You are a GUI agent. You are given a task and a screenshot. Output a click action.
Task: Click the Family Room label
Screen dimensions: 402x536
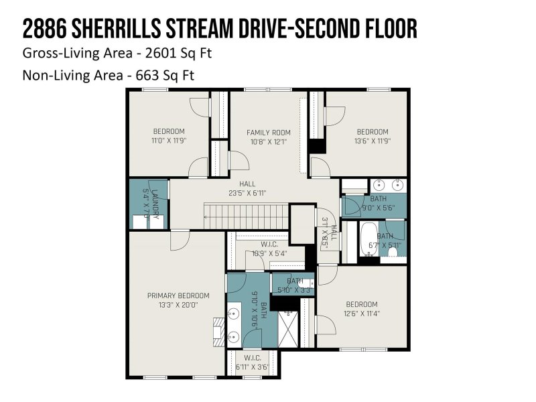point(268,132)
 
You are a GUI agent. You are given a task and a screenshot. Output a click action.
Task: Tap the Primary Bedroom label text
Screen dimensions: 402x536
point(178,295)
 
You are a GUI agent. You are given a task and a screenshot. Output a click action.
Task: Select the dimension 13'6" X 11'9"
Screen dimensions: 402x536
point(372,141)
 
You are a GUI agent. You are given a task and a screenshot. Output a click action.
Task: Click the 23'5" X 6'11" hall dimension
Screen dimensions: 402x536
point(248,193)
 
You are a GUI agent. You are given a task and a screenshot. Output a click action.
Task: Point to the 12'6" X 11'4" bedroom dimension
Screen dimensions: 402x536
point(362,313)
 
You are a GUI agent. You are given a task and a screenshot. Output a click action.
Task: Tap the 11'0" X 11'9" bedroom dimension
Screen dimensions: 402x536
point(168,141)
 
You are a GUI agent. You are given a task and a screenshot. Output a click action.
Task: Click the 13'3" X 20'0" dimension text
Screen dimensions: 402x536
point(178,305)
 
